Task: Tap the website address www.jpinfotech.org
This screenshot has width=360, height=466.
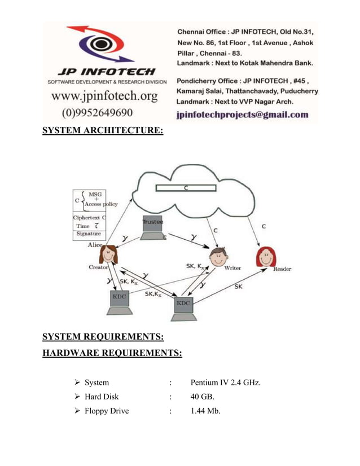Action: click(104, 96)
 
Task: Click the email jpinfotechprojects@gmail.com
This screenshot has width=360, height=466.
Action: click(243, 115)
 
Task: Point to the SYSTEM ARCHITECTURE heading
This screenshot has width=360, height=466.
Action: click(103, 131)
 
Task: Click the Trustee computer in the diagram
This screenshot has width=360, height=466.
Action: click(152, 226)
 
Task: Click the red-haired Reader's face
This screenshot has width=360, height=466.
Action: click(265, 257)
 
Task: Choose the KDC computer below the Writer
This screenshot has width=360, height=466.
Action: click(183, 305)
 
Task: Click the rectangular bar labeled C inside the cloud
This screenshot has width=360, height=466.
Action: click(186, 188)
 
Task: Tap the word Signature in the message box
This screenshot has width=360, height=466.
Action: click(89, 234)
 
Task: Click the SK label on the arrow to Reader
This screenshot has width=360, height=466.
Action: click(238, 287)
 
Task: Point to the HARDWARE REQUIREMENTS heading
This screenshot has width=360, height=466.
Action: click(112, 353)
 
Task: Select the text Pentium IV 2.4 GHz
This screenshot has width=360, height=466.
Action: click(226, 383)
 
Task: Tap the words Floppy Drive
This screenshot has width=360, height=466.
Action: click(107, 411)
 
